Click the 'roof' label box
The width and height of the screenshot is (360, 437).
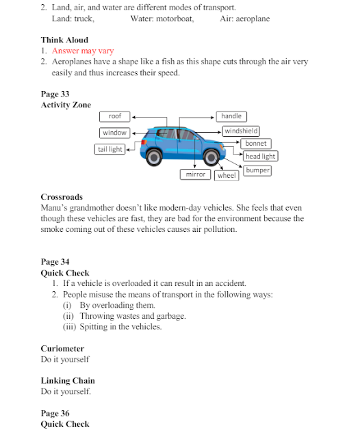(x=114, y=116)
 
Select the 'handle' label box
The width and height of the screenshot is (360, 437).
(x=231, y=116)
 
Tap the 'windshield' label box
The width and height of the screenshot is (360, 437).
(x=241, y=131)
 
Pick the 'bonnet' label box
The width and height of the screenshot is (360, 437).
(x=256, y=144)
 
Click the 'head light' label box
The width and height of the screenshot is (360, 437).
(x=261, y=157)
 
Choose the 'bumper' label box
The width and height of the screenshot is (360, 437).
(x=257, y=170)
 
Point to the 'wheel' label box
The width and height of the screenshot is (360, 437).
(x=227, y=175)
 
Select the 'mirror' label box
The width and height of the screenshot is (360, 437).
(x=195, y=174)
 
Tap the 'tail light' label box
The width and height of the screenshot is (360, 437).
(x=110, y=149)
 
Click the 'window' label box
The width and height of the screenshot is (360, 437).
(x=114, y=133)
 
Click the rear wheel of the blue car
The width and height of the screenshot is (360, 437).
(x=154, y=157)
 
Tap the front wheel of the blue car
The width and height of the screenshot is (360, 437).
(x=211, y=158)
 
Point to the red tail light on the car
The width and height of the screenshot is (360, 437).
(x=144, y=142)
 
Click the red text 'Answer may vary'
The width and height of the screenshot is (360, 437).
(x=83, y=51)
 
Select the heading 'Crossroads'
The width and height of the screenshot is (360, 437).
(x=62, y=197)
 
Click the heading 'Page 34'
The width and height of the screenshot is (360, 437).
(x=55, y=262)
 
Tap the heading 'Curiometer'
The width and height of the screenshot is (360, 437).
(x=62, y=349)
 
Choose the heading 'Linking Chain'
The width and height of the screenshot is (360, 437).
(x=68, y=381)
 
